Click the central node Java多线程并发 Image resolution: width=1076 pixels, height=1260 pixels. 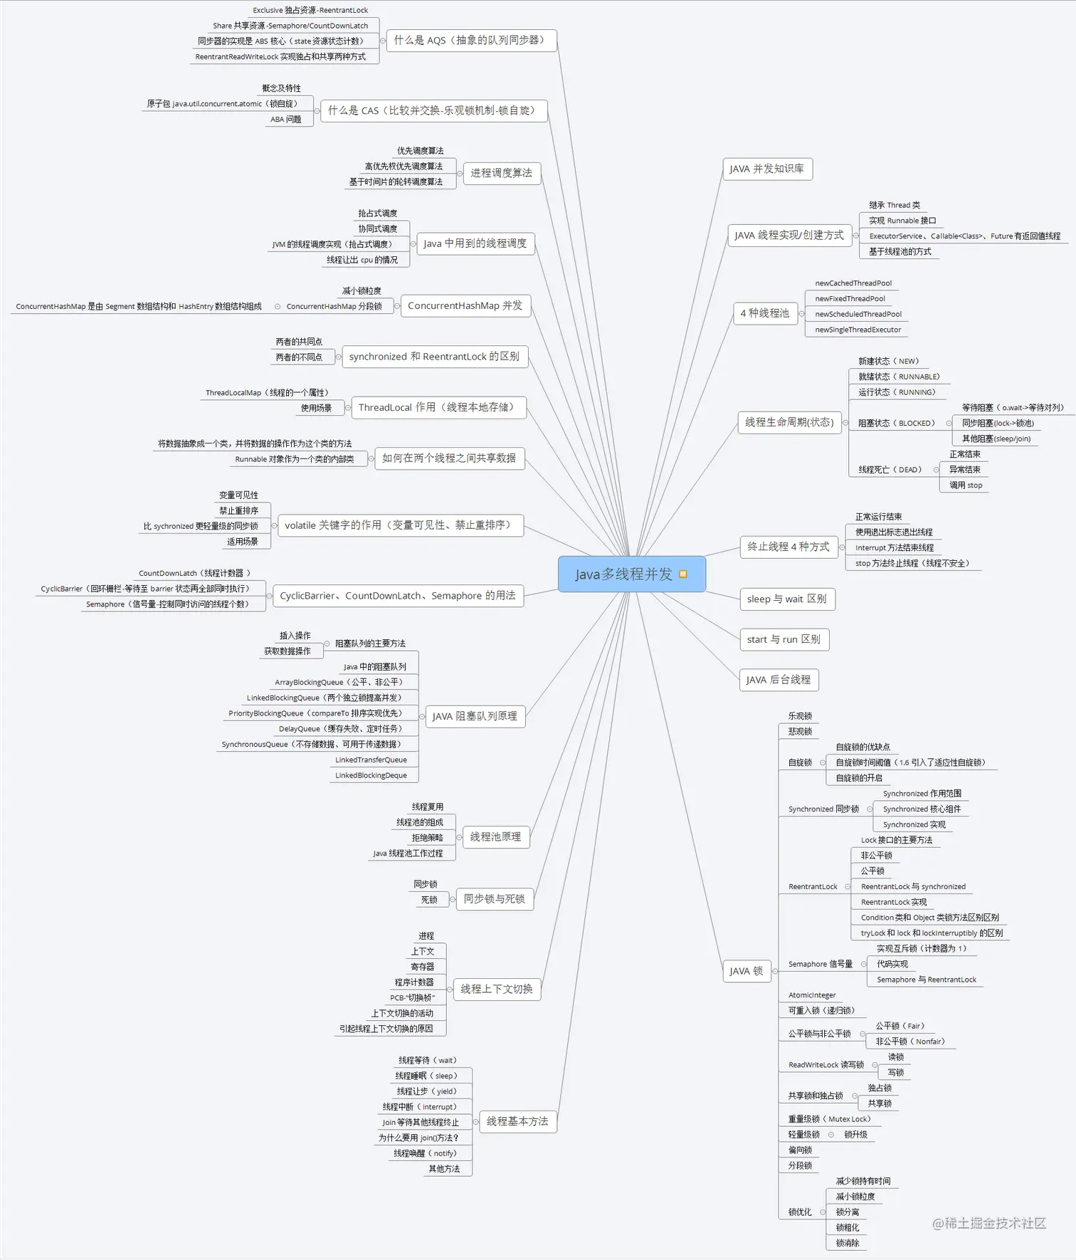pyautogui.click(x=623, y=574)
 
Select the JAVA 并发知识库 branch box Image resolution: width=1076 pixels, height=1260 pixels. pyautogui.click(x=766, y=169)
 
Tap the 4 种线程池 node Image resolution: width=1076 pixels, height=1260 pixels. pyautogui.click(x=764, y=313)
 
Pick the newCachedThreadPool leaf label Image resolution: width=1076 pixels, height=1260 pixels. pyautogui.click(x=853, y=283)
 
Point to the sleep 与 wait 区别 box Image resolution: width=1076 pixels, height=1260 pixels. pyautogui.click(x=786, y=599)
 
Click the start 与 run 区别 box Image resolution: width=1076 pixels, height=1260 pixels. pyautogui.click(x=784, y=639)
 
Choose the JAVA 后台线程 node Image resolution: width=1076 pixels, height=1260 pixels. pyautogui.click(x=778, y=680)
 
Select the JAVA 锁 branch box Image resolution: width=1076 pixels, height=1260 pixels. pyautogui.click(x=746, y=971)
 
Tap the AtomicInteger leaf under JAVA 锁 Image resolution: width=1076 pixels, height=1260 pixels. pyautogui.click(x=812, y=995)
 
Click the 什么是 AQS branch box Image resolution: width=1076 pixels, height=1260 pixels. pyautogui.click(x=470, y=41)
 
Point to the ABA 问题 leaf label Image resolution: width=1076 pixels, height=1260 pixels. pyautogui.click(x=286, y=120)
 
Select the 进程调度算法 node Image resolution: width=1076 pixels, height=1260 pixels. pyautogui.click(x=501, y=173)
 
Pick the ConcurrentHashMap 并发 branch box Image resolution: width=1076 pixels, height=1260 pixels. pyautogui.click(x=465, y=306)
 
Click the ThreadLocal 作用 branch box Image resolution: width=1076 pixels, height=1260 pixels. pyautogui.click(x=438, y=407)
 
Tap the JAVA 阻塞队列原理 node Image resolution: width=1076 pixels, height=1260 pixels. pyautogui.click(x=475, y=716)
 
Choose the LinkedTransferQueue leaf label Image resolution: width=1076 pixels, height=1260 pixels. pyautogui.click(x=371, y=760)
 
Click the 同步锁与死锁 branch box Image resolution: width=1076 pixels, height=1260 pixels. pyautogui.click(x=494, y=899)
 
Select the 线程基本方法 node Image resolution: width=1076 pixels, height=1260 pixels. pyautogui.click(x=517, y=1121)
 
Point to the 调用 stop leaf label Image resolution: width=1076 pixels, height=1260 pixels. pyautogui.click(x=966, y=485)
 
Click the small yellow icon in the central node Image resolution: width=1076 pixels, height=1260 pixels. pyautogui.click(x=683, y=574)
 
